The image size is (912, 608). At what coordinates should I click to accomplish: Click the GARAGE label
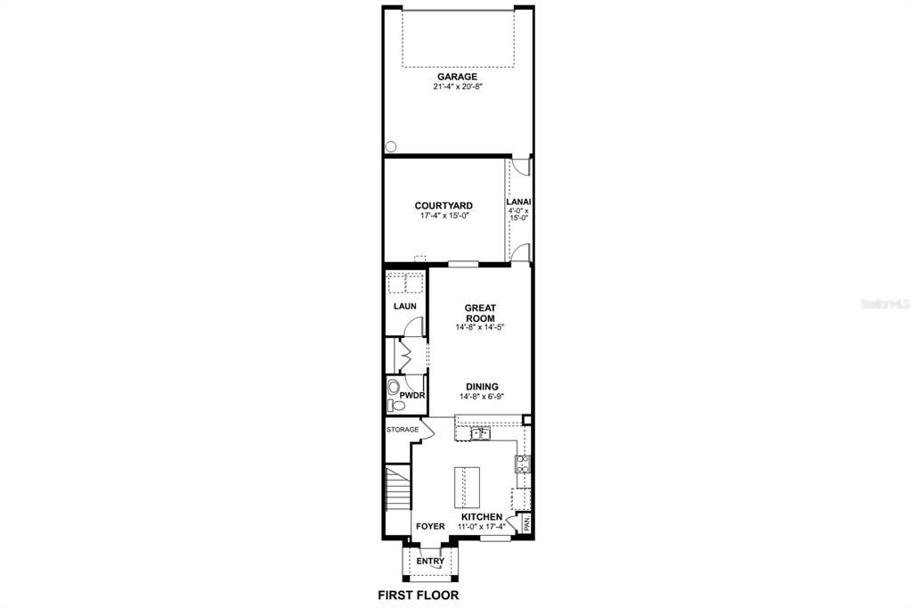[x=457, y=77]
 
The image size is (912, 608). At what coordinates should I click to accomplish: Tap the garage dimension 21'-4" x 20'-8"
[x=457, y=87]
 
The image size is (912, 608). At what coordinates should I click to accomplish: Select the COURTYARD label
[x=444, y=206]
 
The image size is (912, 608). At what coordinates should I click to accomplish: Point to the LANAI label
[x=518, y=201]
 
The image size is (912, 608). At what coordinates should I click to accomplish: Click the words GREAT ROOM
[x=480, y=313]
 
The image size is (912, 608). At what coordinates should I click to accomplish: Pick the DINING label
[x=480, y=386]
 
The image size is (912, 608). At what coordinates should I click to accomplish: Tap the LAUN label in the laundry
[x=405, y=306]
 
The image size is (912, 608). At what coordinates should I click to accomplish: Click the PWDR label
[x=411, y=393]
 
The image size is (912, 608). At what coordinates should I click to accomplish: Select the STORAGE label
[x=402, y=430]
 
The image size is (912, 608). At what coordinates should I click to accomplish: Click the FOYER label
[x=430, y=526]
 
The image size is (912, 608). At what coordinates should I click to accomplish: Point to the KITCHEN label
[x=482, y=517]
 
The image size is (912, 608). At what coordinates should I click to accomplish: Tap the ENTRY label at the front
[x=430, y=561]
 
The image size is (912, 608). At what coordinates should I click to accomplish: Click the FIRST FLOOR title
[x=419, y=595]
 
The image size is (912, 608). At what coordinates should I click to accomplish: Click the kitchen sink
[x=480, y=434]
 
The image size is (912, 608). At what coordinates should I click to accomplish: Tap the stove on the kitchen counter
[x=523, y=464]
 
